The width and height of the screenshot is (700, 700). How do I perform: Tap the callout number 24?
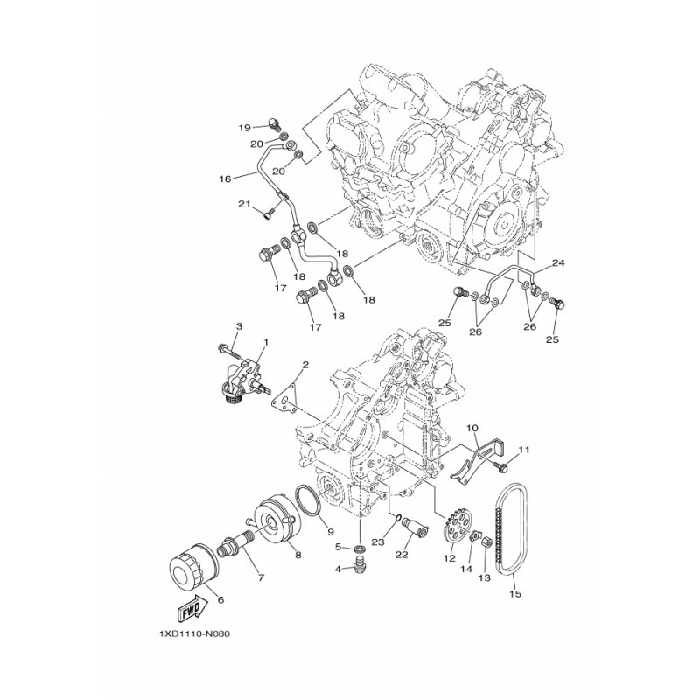tap(557, 262)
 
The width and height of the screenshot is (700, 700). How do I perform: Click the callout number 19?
tap(245, 128)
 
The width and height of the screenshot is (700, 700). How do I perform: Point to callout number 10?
tap(472, 429)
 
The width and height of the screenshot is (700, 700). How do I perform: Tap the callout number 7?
tap(234, 577)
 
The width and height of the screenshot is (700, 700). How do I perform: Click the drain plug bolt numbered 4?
tap(360, 570)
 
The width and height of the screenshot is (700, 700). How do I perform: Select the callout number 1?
tap(265, 341)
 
